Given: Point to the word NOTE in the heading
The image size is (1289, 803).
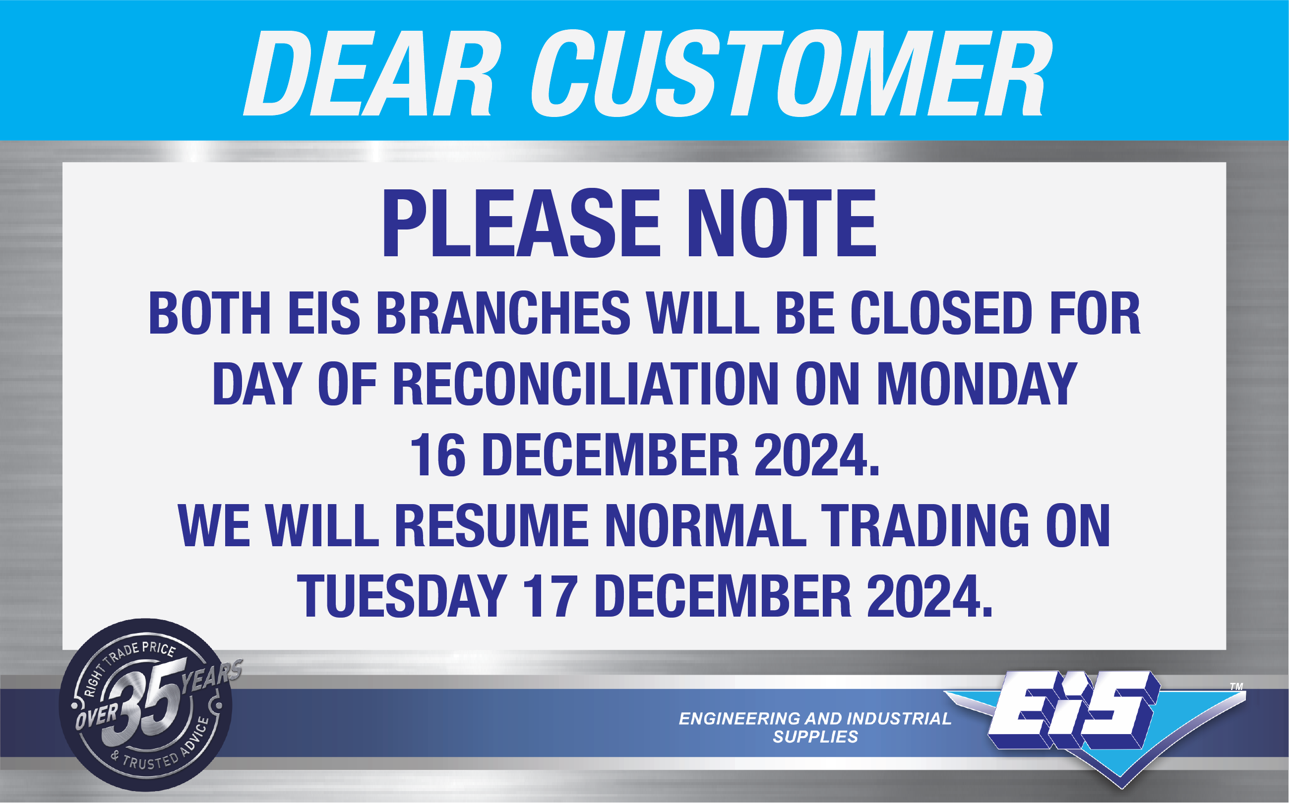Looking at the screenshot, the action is [x=782, y=224].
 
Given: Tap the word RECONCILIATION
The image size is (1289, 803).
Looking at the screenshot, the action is [x=586, y=384].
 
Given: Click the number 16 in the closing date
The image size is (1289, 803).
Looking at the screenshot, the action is [x=438, y=455].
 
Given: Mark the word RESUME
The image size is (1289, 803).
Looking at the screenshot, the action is [x=491, y=526].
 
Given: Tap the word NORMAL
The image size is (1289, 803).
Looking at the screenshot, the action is [x=705, y=526].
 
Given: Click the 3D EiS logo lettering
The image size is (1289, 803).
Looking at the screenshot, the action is [x=1073, y=709].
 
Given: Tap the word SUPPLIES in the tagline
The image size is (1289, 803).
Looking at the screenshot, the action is [x=815, y=737].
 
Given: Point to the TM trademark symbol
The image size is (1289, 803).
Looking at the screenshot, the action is [x=1236, y=687].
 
